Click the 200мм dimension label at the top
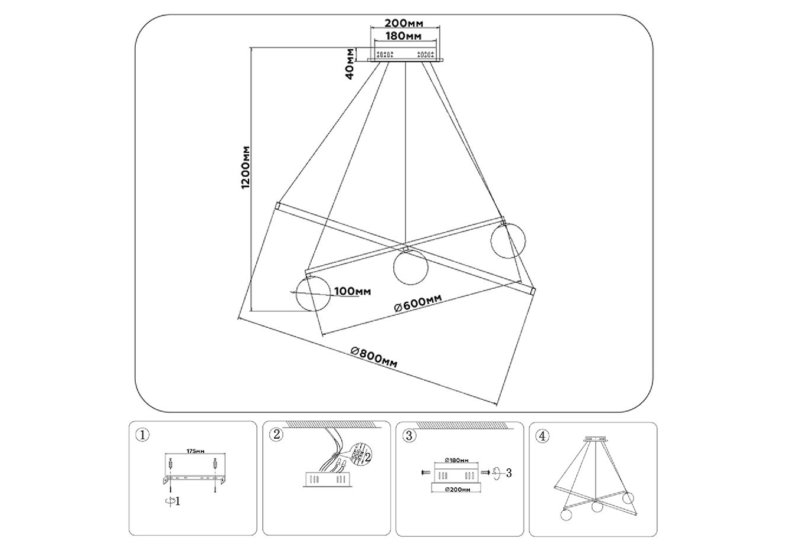[x=404, y=23]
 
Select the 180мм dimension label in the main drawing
[x=404, y=36]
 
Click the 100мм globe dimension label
[x=352, y=291]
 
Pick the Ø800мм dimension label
[x=374, y=357]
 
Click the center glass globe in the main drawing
[x=410, y=266]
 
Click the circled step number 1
[x=142, y=435]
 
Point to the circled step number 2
[x=275, y=435]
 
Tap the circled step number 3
[x=409, y=436]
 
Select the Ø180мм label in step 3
[x=456, y=460]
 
